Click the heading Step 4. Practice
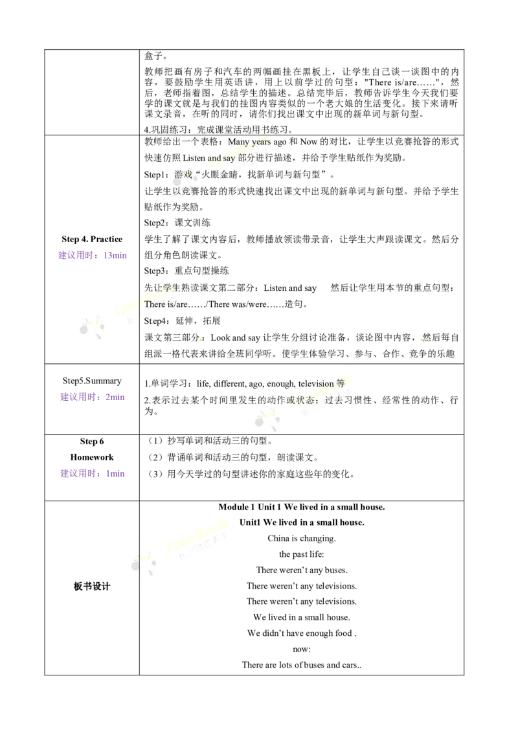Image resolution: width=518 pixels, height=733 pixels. tap(92, 240)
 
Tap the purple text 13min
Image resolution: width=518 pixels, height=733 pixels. tap(115, 255)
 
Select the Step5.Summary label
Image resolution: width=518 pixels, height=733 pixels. tap(92, 381)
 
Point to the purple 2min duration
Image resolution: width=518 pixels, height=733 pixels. tap(115, 397)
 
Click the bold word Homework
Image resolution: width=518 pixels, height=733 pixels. tap(92, 457)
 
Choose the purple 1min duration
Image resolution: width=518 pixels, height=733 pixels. tap(115, 473)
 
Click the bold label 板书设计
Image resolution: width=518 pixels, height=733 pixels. tap(92, 586)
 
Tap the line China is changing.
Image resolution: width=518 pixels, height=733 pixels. tap(302, 539)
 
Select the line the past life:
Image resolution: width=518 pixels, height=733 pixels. tap(302, 554)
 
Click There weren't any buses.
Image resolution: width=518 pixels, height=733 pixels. tap(302, 570)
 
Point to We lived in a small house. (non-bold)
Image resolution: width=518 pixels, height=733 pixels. tap(302, 618)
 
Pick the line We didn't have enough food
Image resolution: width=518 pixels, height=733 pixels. tap(302, 633)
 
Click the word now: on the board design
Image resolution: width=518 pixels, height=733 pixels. tap(302, 649)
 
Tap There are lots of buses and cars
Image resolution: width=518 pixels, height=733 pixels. tap(302, 665)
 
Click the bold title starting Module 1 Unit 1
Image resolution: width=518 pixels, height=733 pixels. tap(302, 507)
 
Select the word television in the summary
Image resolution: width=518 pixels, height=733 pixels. tap(316, 384)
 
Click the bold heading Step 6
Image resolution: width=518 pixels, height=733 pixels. tap(92, 442)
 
